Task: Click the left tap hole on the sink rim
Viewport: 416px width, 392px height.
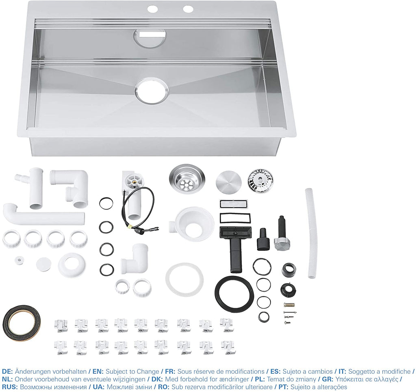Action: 153,9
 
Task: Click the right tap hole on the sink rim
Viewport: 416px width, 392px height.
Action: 188,9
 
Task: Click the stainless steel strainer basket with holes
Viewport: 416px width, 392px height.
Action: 187,179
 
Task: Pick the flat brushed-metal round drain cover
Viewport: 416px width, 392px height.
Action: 229,182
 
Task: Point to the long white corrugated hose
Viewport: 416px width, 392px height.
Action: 311,234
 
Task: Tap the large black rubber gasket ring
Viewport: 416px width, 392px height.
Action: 234,294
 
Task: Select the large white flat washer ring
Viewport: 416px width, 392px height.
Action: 184,280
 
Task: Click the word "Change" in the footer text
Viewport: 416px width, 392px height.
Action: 148,371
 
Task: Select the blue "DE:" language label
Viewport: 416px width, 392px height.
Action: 7,371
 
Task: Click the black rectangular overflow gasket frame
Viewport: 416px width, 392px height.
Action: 235,218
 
